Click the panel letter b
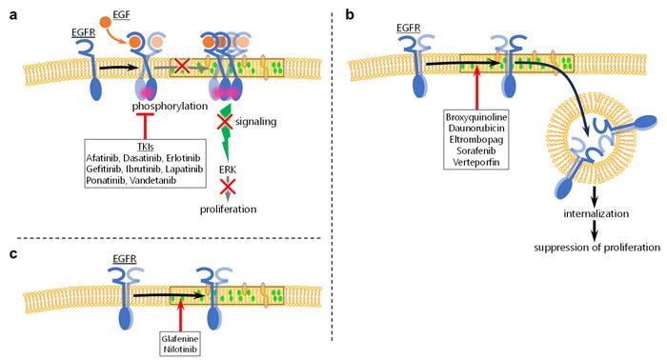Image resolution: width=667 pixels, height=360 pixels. pyautogui.click(x=351, y=14)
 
